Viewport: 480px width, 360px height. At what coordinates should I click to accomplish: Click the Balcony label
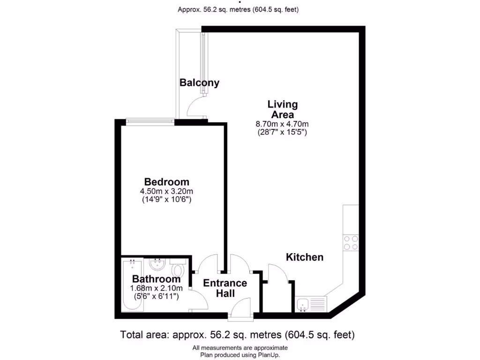click(199, 83)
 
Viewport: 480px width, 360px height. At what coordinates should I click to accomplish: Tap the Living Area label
click(282, 109)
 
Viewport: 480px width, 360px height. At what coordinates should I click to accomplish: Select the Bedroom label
click(166, 182)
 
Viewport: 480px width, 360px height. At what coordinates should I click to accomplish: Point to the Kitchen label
click(305, 257)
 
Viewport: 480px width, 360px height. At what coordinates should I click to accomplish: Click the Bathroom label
click(156, 279)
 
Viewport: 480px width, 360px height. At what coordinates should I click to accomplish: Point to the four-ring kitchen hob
click(351, 243)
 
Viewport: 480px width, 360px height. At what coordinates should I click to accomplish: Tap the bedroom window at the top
click(150, 122)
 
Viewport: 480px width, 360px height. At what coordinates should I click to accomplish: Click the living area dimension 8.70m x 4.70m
click(282, 124)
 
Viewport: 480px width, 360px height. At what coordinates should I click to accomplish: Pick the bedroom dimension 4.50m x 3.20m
click(166, 191)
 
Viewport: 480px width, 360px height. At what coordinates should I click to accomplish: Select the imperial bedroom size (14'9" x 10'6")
click(166, 199)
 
